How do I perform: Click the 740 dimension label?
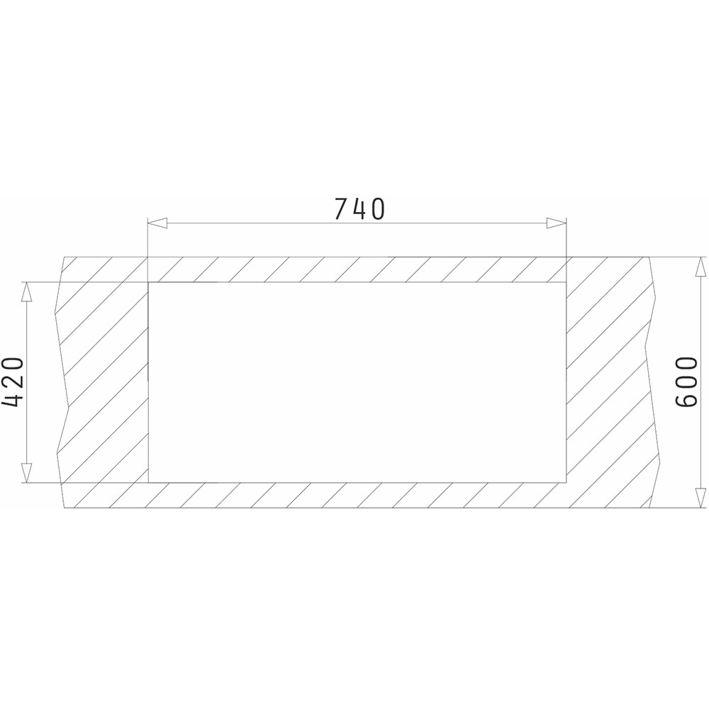[359, 208]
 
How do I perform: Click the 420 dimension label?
[13, 383]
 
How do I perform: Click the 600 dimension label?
[686, 382]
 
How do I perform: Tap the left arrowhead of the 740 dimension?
[158, 223]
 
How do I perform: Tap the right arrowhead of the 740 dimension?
[556, 223]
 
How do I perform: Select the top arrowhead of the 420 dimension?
[27, 292]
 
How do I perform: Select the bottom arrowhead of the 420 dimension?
[27, 473]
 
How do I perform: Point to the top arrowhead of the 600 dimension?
[700, 267]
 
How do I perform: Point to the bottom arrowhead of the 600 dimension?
[700, 498]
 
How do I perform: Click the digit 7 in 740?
[342, 209]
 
